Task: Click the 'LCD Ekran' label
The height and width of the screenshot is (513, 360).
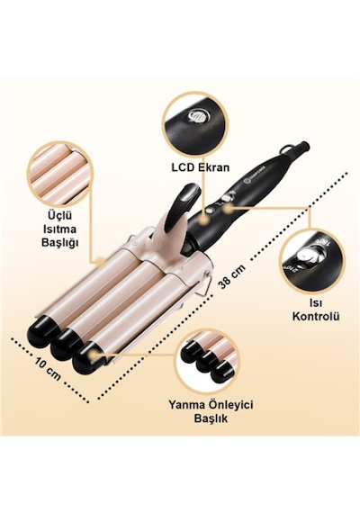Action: click(201, 167)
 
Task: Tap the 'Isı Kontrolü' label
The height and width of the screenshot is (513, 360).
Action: click(316, 310)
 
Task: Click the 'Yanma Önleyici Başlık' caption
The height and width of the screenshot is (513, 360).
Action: click(211, 411)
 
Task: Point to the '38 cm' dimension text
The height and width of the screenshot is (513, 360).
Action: click(231, 276)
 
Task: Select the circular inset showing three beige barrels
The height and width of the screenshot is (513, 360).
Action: click(58, 174)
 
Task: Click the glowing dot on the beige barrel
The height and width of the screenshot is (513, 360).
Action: click(100, 260)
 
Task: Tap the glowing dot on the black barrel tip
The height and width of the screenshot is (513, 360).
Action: click(94, 354)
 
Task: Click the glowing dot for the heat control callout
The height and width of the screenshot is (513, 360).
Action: click(229, 207)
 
